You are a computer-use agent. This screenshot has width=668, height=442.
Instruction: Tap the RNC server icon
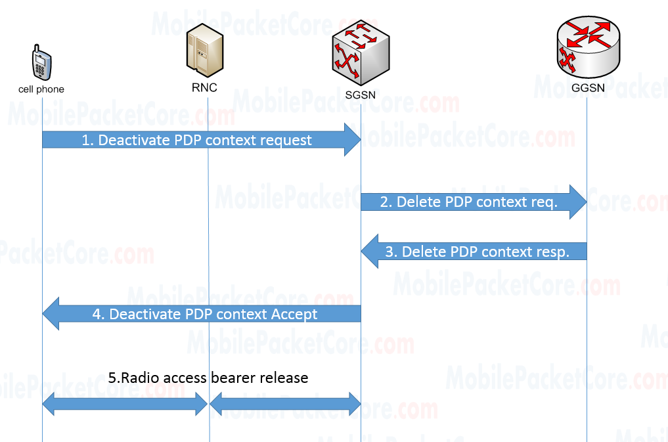tap(204, 50)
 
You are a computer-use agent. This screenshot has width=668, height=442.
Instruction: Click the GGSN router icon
tap(587, 45)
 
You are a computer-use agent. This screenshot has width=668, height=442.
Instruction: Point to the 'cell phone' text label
tap(41, 89)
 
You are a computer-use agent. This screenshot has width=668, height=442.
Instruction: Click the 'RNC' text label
tap(204, 87)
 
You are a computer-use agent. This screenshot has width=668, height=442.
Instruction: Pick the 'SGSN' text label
tap(361, 95)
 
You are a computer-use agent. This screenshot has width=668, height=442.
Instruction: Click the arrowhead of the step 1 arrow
tap(353, 139)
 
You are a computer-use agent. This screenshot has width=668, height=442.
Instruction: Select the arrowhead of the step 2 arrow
tap(579, 202)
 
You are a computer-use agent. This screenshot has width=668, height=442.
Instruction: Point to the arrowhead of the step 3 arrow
tap(370, 252)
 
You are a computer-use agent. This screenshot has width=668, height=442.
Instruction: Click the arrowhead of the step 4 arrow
tap(51, 314)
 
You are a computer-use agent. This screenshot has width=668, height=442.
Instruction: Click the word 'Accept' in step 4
tap(294, 315)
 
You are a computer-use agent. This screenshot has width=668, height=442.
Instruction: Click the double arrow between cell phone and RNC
tap(125, 403)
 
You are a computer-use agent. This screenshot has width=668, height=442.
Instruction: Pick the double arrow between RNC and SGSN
tap(285, 403)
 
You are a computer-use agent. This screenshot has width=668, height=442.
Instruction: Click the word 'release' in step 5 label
tap(284, 378)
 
